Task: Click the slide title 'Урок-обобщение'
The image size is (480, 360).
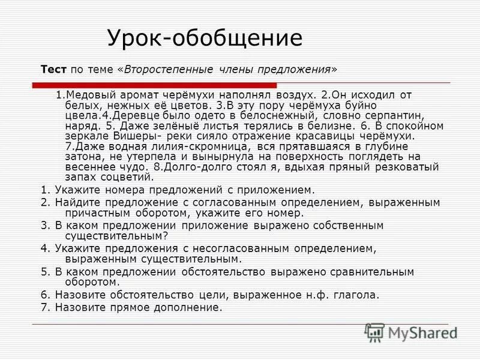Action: (205, 38)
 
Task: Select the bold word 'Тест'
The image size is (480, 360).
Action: (53, 69)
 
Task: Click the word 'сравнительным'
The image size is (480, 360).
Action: (375, 272)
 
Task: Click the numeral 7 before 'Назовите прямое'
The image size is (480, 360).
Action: (44, 308)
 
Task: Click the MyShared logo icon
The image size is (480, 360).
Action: (374, 332)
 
